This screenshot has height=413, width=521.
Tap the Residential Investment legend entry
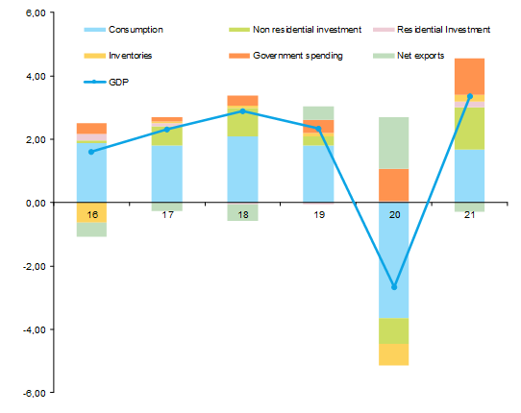point(444,30)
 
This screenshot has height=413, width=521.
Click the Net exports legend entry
point(420,56)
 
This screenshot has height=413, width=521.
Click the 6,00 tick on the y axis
point(35,13)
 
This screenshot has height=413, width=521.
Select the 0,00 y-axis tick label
point(35,203)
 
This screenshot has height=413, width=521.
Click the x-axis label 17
point(166,214)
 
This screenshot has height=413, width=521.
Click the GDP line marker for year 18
point(242,111)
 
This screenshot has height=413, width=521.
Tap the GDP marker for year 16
point(91,152)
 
